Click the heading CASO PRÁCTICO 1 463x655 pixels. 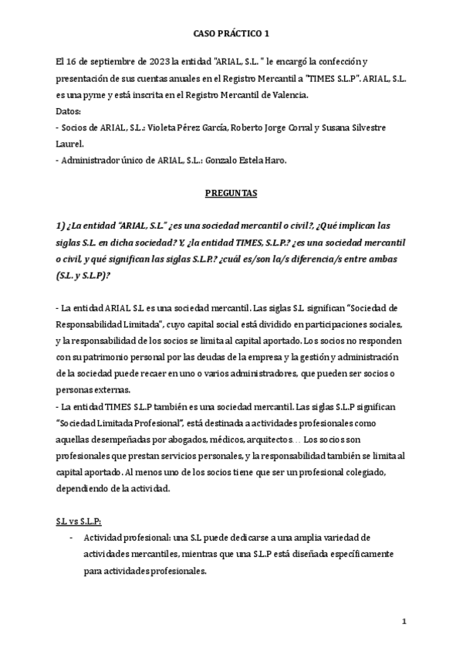pos(231,34)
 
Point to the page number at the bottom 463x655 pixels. pos(404,623)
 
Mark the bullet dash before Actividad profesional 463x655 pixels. pos(71,538)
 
